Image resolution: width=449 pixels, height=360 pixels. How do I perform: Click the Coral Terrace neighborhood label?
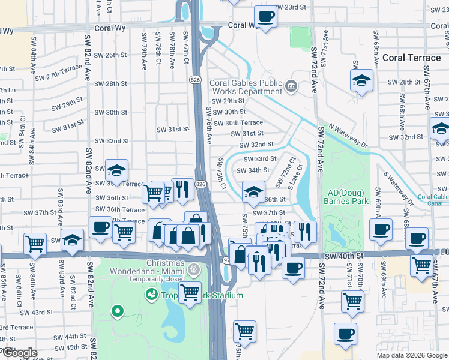pos(410,58)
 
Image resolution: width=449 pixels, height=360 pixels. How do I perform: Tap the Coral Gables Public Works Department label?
pos(245,88)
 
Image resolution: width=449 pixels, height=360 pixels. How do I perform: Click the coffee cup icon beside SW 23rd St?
pos(265,16)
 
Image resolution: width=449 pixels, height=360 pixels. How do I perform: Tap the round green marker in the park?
pos(118,311)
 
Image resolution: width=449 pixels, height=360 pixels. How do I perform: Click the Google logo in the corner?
pos(20,353)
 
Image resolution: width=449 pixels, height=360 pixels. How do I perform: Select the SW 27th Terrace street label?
pos(58,73)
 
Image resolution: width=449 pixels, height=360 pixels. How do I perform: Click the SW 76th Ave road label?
pos(209,125)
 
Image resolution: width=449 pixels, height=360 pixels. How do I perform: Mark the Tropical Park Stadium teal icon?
pos(151,295)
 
